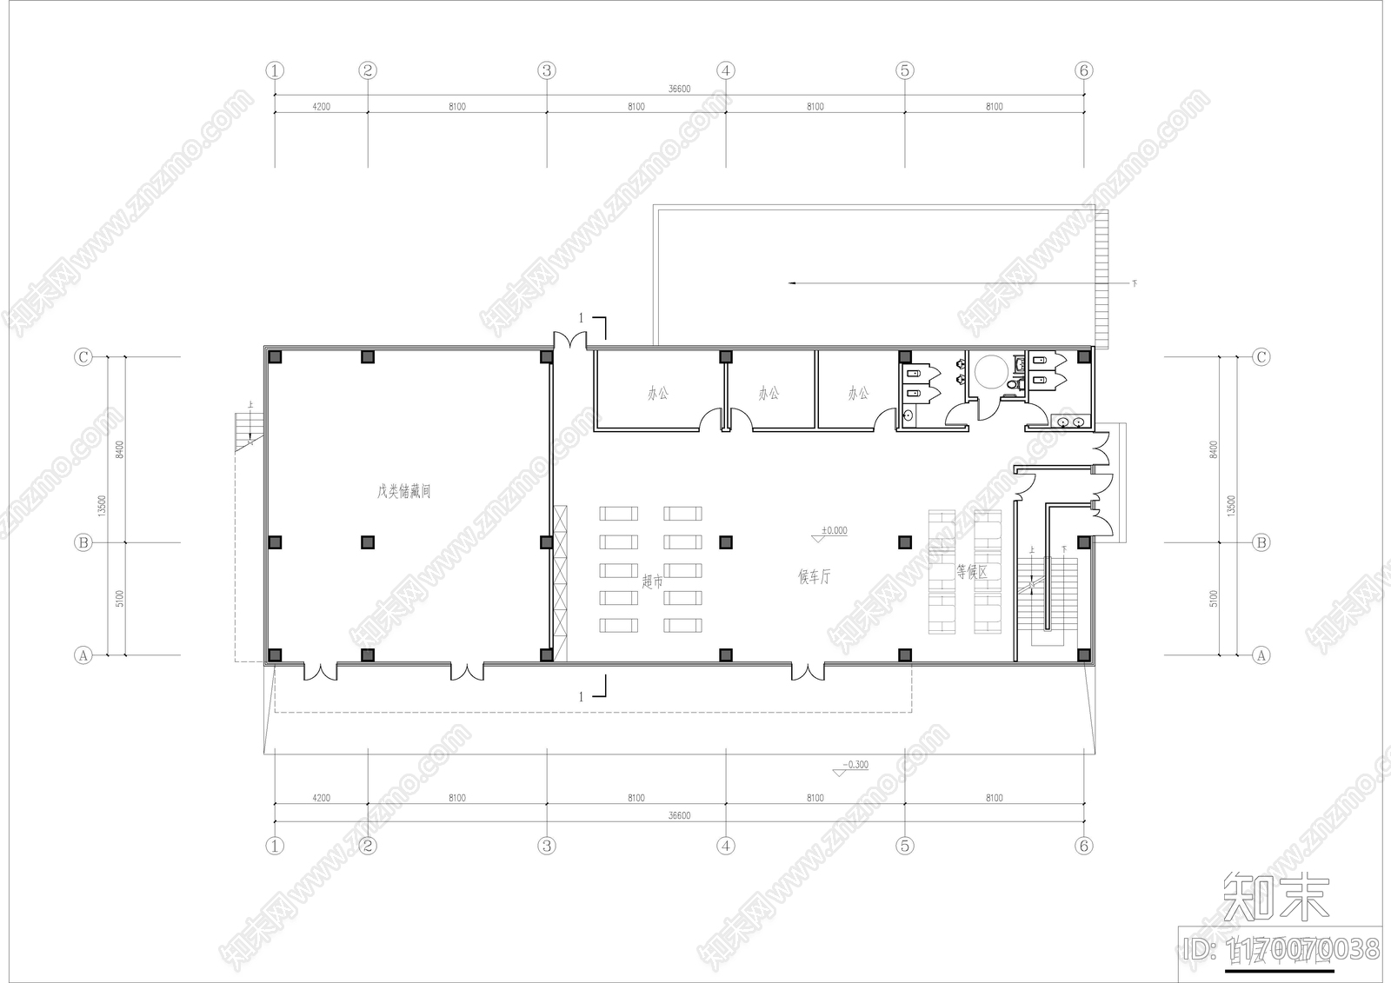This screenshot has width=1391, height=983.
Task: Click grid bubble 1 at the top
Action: click(275, 70)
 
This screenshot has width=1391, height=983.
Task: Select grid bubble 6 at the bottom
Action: click(1083, 846)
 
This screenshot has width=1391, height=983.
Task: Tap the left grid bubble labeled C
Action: click(83, 357)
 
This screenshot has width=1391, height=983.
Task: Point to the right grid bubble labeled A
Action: click(1261, 655)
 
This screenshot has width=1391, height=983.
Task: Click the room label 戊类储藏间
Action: click(403, 492)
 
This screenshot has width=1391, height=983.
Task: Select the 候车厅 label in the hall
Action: click(815, 576)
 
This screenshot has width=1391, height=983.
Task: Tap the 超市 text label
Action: click(652, 581)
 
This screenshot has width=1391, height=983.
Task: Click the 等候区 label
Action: click(971, 572)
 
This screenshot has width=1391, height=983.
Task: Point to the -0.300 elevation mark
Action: click(855, 766)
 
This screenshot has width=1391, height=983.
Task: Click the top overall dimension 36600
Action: click(679, 89)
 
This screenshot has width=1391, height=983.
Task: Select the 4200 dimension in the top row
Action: click(321, 107)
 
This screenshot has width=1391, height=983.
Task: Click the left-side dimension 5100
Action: click(120, 598)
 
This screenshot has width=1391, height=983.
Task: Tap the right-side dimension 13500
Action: click(1230, 506)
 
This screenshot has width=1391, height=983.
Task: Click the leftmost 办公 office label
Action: click(658, 394)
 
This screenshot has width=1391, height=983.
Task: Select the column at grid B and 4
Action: click(726, 542)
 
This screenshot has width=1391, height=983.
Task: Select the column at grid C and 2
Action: click(368, 356)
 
